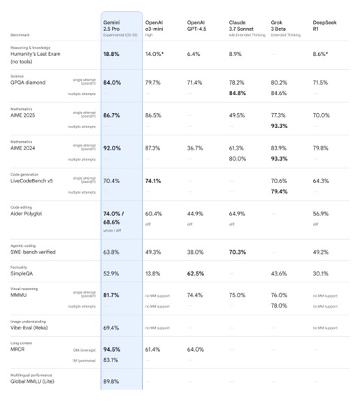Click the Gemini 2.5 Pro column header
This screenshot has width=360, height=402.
pyautogui.click(x=116, y=26)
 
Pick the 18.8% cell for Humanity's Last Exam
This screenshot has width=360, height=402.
pyautogui.click(x=112, y=53)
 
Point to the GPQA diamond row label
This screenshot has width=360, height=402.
pyautogui.click(x=27, y=82)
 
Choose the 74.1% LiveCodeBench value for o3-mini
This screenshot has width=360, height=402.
pyautogui.click(x=155, y=180)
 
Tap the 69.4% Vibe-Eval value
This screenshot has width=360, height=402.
pyautogui.click(x=111, y=327)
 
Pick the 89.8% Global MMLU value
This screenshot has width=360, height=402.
pyautogui.click(x=111, y=381)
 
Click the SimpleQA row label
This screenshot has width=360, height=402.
pyautogui.click(x=23, y=273)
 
